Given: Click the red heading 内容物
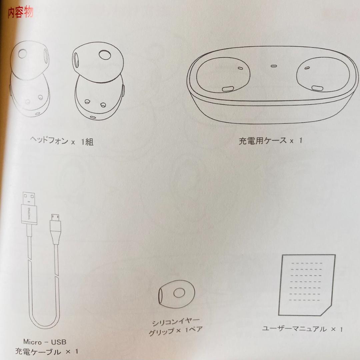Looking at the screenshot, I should (20, 13).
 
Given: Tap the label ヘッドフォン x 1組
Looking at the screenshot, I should (61, 141).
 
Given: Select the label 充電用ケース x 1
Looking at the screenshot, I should (270, 140).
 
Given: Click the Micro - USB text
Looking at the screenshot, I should (45, 342).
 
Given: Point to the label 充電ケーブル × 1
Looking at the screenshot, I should (47, 351).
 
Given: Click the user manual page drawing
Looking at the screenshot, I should (307, 285).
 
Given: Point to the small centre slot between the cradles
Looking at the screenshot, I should (274, 66).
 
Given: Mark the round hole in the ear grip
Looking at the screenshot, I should (179, 293).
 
